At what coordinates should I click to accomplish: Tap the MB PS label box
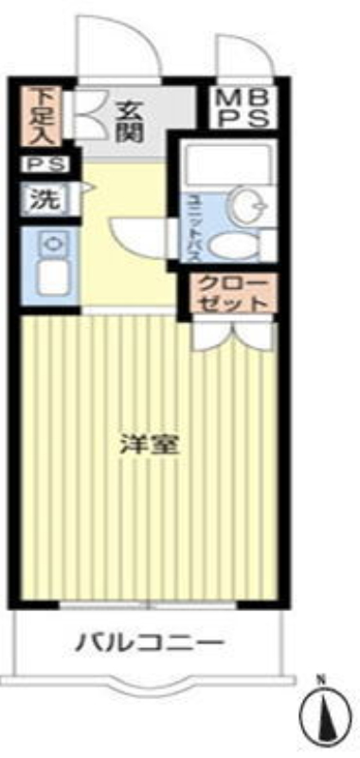pyautogui.click(x=243, y=108)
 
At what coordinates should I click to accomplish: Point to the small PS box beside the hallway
pyautogui.click(x=45, y=165)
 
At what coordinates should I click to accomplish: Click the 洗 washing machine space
pyautogui.click(x=48, y=199)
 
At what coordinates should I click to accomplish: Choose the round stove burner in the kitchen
pyautogui.click(x=51, y=244)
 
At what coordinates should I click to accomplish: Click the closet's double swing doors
pyautogui.click(x=234, y=335)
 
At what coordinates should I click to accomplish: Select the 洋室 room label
pyautogui.click(x=151, y=445)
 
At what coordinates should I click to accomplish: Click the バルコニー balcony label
pyautogui.click(x=151, y=643)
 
